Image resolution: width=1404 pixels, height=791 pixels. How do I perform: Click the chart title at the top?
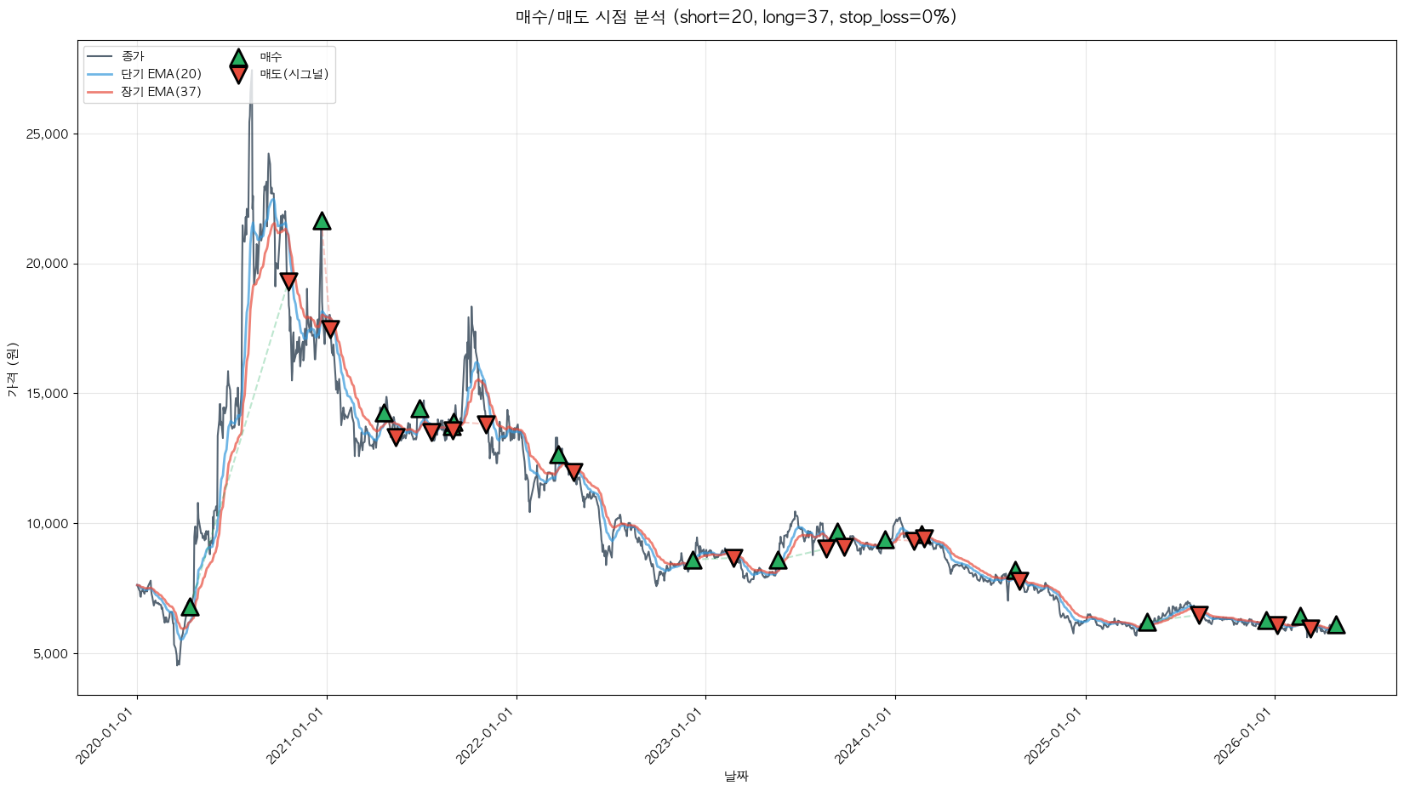tap(735, 17)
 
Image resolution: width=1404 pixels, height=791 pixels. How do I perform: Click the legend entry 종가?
tap(133, 56)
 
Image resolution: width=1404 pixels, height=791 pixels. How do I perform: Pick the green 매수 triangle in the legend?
tap(238, 58)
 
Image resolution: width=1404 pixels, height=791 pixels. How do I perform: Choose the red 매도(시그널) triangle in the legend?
tap(238, 75)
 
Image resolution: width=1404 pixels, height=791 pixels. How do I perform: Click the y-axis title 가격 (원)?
tap(12, 370)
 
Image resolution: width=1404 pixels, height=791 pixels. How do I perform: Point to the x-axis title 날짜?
tap(736, 776)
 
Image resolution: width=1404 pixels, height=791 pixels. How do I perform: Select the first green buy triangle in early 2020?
tap(190, 607)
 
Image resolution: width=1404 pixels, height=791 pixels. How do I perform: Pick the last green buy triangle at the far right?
tap(1336, 625)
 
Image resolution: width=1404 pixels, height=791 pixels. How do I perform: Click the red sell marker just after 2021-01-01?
tap(330, 328)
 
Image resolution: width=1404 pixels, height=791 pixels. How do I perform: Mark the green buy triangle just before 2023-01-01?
tap(693, 561)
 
